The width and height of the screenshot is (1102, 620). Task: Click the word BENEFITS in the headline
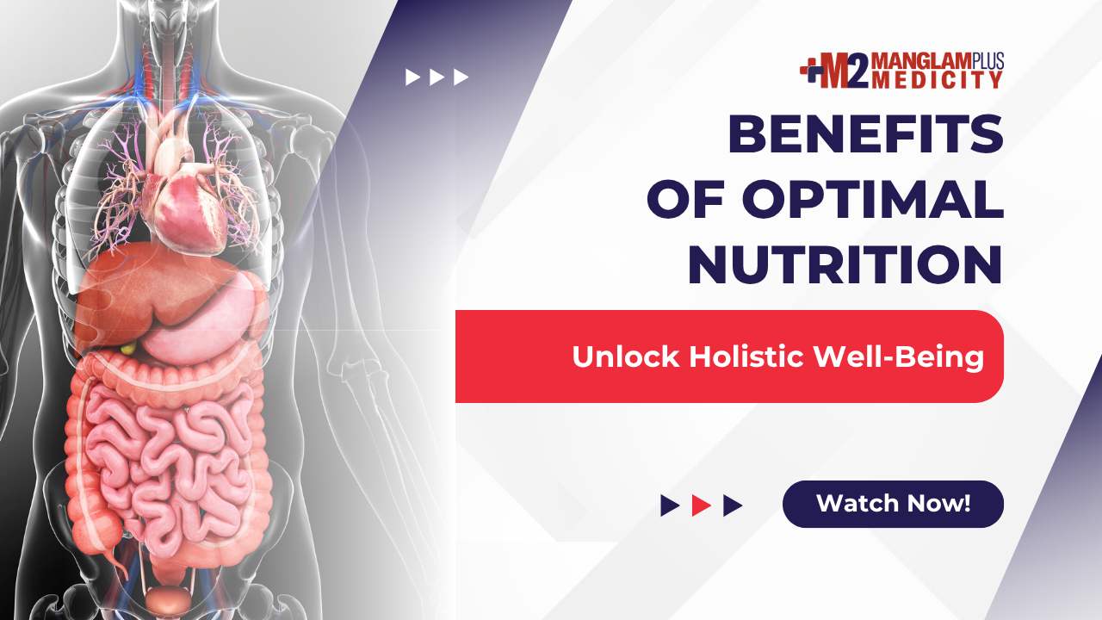click(x=865, y=133)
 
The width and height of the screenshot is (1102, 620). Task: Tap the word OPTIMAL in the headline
click(x=873, y=199)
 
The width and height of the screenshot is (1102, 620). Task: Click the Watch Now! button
click(x=893, y=504)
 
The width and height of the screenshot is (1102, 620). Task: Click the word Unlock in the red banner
click(x=626, y=356)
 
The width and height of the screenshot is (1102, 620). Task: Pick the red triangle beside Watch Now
click(x=701, y=505)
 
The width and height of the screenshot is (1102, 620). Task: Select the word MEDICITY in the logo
click(x=938, y=80)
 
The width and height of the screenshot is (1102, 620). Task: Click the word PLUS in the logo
click(x=987, y=60)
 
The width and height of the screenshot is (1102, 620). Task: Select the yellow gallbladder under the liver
click(x=128, y=349)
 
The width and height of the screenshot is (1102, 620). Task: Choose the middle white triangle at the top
click(x=436, y=77)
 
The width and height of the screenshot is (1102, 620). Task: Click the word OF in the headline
click(x=686, y=199)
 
